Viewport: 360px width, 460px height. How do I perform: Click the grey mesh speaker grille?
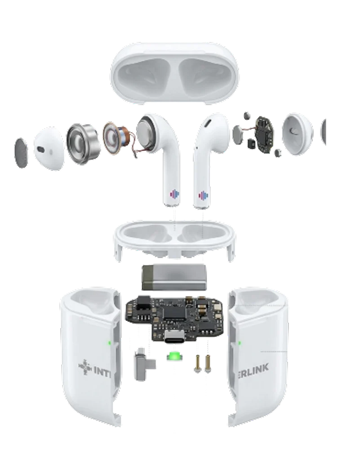(x=21, y=153)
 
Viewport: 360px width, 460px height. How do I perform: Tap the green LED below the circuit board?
(x=174, y=357)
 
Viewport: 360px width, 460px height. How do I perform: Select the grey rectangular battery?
(x=174, y=277)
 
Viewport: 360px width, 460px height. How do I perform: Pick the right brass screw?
(x=208, y=364)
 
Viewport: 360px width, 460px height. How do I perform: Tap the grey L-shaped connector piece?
(x=144, y=364)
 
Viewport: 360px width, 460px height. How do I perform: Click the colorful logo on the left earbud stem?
(x=174, y=194)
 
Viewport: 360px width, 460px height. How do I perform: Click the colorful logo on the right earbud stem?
(x=203, y=196)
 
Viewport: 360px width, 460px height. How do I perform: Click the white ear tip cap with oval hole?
(x=49, y=148)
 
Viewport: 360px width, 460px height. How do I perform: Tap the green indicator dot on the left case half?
(x=109, y=343)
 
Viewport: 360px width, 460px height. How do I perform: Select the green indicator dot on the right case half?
(x=240, y=343)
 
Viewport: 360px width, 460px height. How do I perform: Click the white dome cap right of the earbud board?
(x=297, y=134)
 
